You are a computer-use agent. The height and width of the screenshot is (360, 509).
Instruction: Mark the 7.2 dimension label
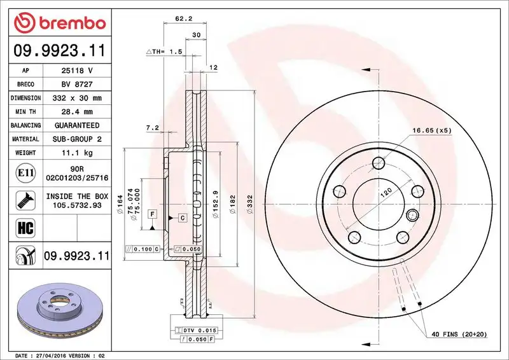tap(152, 128)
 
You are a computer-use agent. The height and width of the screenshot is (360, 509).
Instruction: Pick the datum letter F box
tap(153, 214)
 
